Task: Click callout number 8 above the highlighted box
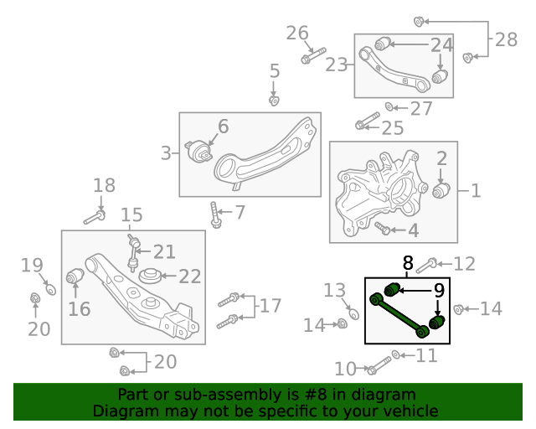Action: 408,263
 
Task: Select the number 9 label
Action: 439,291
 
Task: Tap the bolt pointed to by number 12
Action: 426,266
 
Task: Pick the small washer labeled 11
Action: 396,354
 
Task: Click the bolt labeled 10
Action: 379,365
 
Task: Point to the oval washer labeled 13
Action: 353,313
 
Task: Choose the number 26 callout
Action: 297,34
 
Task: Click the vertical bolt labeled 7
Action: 215,214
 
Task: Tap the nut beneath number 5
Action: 274,101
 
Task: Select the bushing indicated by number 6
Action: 198,151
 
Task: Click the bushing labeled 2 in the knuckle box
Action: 441,190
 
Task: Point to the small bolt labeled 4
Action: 382,228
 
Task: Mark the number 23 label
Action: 336,65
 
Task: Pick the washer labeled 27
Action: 389,106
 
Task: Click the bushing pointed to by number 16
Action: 75,276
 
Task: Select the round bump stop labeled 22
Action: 150,276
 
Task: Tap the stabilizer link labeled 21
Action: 132,253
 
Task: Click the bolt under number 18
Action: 95,218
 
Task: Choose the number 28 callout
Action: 506,39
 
